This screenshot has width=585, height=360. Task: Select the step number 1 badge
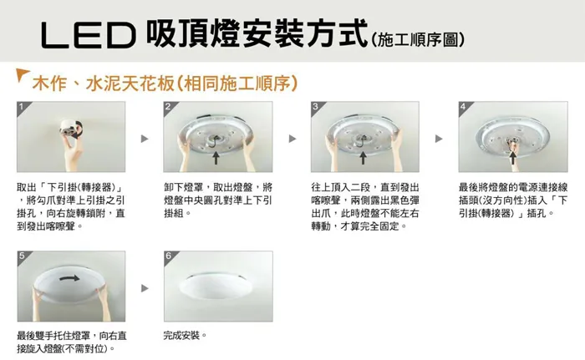(x=21, y=107)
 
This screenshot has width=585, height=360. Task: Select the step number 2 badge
(x=169, y=107)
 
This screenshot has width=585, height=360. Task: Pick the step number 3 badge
(x=315, y=107)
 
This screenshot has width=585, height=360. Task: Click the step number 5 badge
(x=21, y=255)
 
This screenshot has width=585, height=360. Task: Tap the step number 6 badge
(x=169, y=255)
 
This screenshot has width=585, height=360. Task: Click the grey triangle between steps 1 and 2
(x=144, y=138)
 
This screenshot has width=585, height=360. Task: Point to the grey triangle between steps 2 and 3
(x=292, y=138)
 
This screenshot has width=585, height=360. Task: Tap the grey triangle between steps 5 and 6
(x=144, y=287)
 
